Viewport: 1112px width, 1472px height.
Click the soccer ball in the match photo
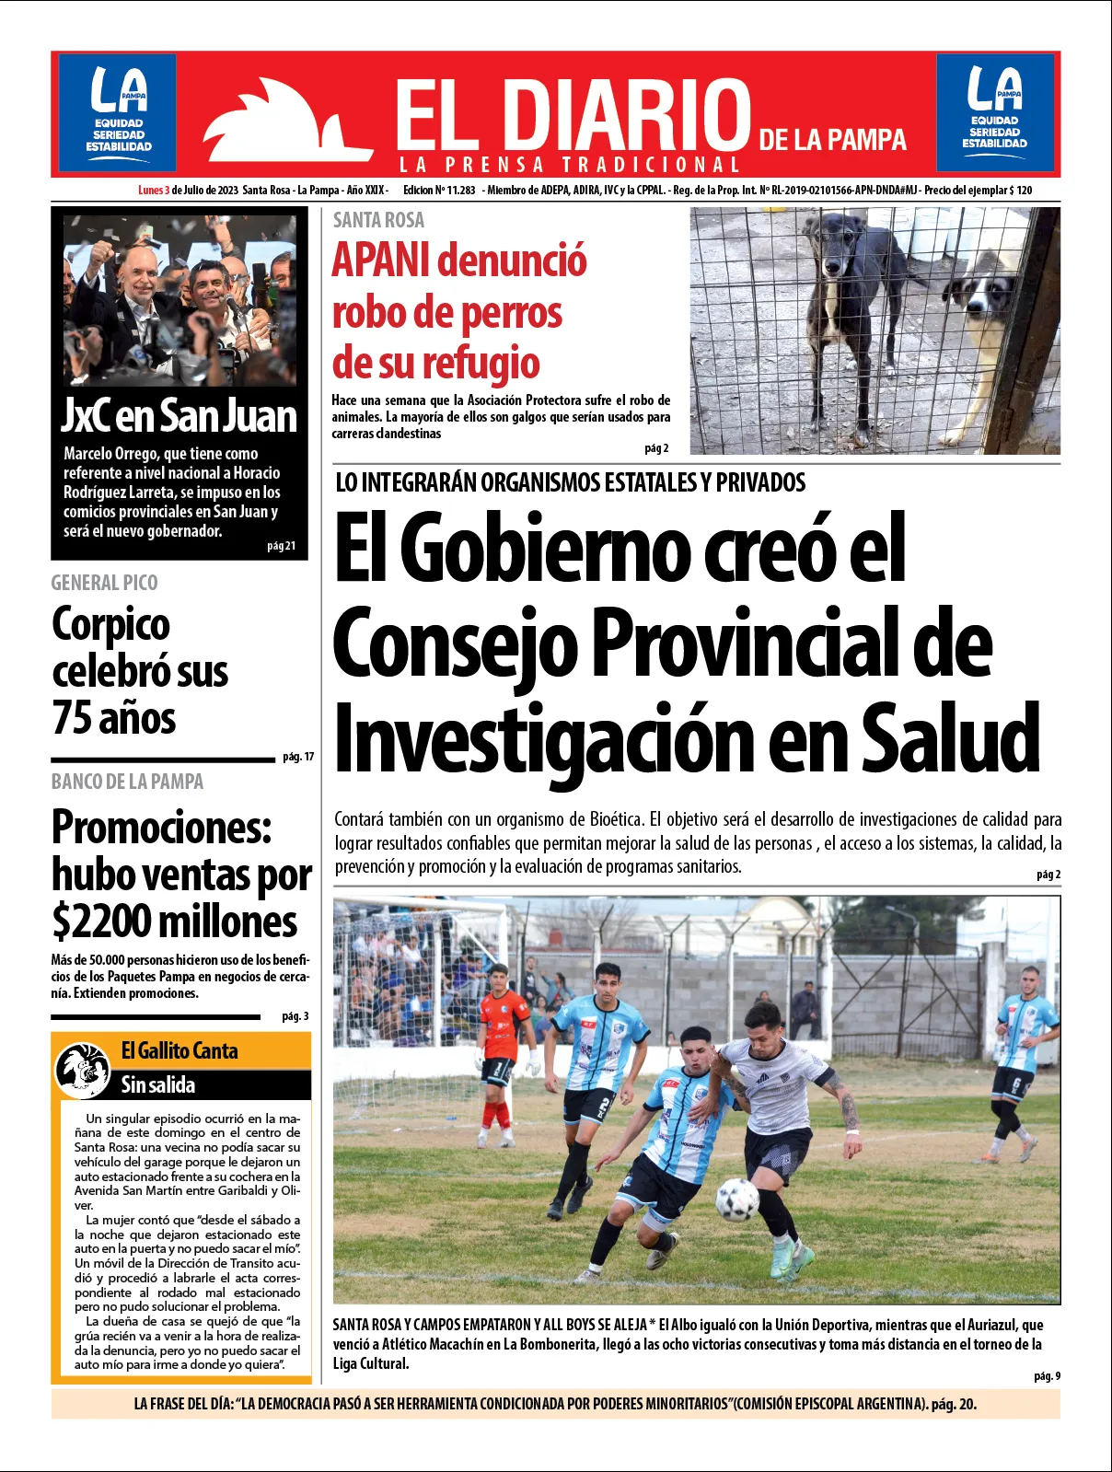coord(736,1199)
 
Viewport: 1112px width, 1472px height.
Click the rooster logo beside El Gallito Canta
coord(83,1069)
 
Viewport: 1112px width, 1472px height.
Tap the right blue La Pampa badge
coord(994,112)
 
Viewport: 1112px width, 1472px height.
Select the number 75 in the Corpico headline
coord(75,719)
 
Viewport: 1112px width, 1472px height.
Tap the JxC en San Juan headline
coord(179,415)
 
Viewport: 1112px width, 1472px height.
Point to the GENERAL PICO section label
coord(104,583)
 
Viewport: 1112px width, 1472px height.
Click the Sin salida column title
coord(158,1085)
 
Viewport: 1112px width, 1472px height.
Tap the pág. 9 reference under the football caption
coord(1047,1376)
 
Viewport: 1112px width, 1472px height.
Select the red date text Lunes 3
coord(154,191)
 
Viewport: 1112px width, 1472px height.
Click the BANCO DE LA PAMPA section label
coord(127,782)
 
